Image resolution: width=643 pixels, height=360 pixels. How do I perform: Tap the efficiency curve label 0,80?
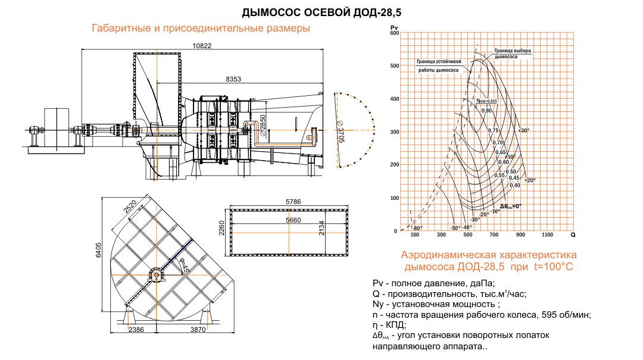click(486, 111)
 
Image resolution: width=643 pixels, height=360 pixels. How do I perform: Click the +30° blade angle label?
click(523, 130)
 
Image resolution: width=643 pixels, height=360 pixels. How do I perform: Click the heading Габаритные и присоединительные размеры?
click(201, 29)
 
